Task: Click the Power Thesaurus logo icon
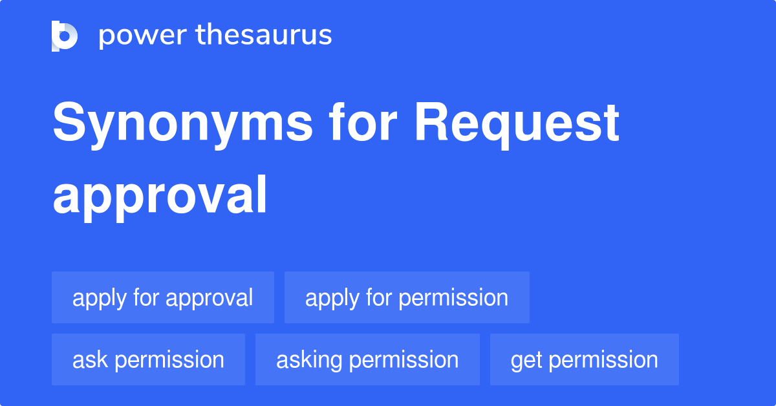65,36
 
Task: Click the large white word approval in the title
160,196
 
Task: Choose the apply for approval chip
162,298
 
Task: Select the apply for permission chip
406,298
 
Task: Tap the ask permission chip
148,360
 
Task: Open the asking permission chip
367,360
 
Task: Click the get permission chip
584,360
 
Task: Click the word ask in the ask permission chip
90,360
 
